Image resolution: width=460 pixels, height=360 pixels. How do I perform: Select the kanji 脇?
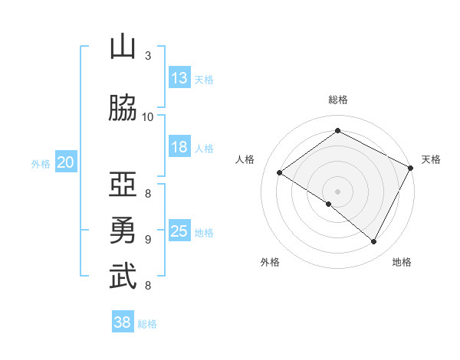pos(123,110)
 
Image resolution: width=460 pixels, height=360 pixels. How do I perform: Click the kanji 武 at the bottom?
pos(123,277)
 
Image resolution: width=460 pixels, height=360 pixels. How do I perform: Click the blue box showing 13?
pos(179,78)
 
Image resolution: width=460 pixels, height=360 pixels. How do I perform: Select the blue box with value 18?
pos(179,147)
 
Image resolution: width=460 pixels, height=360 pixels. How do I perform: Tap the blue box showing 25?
pos(179,231)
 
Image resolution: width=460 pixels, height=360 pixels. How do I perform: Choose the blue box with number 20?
pos(66,162)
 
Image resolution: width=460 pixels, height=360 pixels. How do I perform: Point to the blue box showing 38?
pos(123,323)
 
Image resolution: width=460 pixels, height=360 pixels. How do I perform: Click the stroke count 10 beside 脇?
pos(147,116)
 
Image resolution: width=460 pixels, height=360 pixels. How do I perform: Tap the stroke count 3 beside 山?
pos(148,56)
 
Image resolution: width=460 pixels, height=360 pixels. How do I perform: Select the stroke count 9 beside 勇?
pos(148,239)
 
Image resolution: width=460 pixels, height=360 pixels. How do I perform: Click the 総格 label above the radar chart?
pos(337,100)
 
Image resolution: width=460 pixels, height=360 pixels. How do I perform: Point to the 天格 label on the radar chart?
pos(431,159)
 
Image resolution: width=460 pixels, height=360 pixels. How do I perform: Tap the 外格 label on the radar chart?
pos(270,262)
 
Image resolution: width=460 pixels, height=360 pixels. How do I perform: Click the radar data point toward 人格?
pos(280,173)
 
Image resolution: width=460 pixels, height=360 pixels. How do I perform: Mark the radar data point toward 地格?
pos(374,242)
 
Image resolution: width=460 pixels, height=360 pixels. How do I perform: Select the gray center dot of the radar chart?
pos(337,191)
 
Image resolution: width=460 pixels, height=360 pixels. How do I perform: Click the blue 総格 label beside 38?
pos(147,324)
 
